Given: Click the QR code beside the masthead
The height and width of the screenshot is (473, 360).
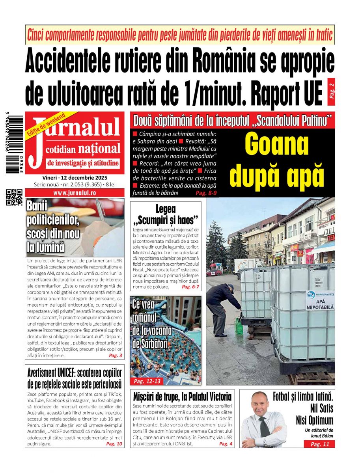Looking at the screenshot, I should pos(14,197).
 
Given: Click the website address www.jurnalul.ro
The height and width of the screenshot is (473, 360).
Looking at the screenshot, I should pos(75,193).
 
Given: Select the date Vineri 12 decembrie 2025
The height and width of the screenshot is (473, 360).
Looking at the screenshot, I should pos(75,178).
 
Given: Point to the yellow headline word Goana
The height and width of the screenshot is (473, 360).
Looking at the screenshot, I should pos(276,145).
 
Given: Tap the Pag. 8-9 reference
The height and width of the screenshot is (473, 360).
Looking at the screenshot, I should pos(206,193).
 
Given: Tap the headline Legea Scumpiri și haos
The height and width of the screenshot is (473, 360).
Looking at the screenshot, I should pos(166,214).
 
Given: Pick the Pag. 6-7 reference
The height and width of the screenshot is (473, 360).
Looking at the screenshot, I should pos(191,287).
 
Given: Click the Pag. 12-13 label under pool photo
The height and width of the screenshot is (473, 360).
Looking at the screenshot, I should pos(147,381).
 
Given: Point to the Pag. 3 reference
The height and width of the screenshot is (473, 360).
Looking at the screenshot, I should pos(115,356).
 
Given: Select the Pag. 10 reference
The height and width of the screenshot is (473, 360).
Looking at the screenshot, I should pos(114,444).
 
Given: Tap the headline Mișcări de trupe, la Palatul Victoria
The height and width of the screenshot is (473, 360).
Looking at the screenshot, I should pos(182,396).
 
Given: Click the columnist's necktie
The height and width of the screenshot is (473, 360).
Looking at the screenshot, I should pos(263,428).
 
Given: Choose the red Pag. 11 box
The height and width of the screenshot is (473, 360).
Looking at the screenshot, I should pos(319,444).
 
